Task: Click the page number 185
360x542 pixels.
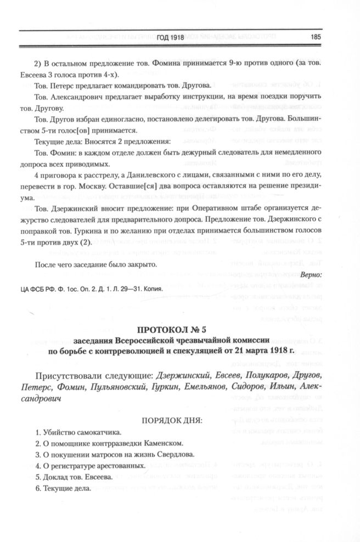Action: click(x=315, y=37)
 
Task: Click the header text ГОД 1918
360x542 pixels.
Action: click(x=170, y=37)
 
